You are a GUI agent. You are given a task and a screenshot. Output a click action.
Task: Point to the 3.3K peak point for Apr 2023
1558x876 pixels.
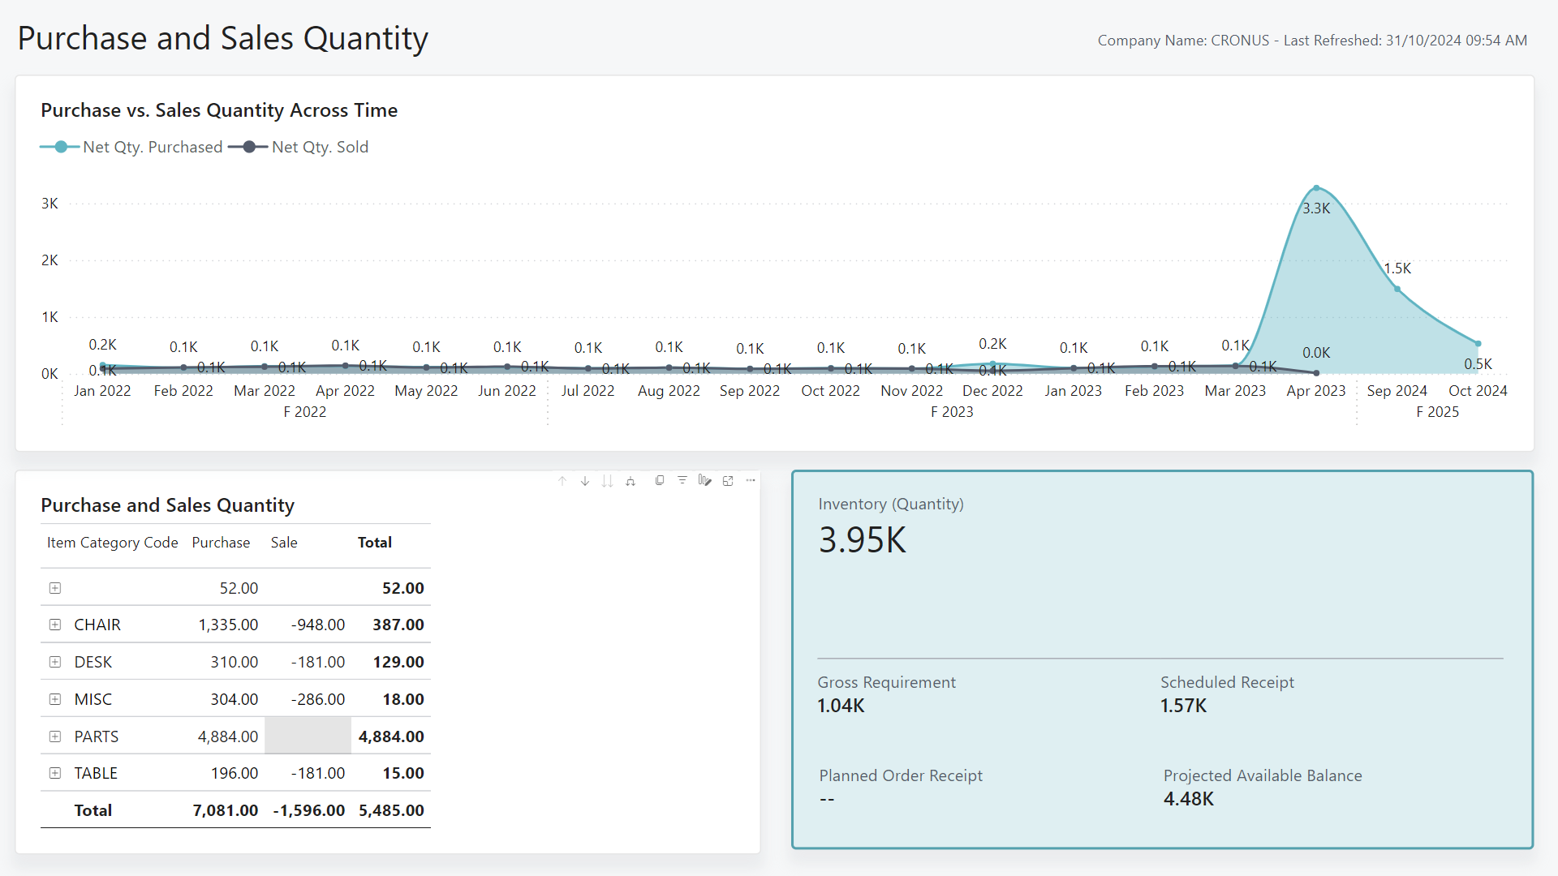(1316, 187)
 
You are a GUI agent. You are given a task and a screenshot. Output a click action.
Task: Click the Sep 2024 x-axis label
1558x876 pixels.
(1397, 391)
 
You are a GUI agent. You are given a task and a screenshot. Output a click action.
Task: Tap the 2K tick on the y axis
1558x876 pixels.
(49, 260)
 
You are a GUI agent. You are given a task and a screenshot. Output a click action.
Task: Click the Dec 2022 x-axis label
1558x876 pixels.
(992, 391)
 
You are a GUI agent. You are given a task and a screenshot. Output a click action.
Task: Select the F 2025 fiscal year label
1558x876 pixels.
(1437, 412)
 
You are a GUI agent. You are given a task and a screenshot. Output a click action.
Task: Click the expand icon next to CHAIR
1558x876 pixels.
(55, 625)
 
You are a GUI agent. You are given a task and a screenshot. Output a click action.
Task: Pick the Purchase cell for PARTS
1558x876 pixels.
(228, 736)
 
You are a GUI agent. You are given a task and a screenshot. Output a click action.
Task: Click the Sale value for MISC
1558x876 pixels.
(318, 699)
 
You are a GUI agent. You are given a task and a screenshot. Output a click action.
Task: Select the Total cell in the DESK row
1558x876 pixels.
(398, 662)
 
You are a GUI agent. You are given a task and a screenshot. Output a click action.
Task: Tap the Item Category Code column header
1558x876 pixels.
(112, 543)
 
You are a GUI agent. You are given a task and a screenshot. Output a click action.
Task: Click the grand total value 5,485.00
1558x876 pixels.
(391, 810)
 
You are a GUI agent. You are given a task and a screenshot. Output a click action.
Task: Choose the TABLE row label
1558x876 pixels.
(96, 773)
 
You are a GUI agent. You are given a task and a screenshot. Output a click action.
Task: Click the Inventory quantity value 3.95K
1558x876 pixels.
(862, 540)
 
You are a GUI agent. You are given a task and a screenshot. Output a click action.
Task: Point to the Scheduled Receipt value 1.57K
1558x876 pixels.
(1183, 706)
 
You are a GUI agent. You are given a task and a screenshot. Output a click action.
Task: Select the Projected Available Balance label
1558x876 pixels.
(1262, 775)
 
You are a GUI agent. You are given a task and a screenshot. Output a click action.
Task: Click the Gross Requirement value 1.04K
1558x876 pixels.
(841, 706)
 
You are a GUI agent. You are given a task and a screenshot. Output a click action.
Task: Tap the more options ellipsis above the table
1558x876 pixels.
(751, 480)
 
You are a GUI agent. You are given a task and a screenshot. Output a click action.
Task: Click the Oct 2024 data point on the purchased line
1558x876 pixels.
(1478, 344)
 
